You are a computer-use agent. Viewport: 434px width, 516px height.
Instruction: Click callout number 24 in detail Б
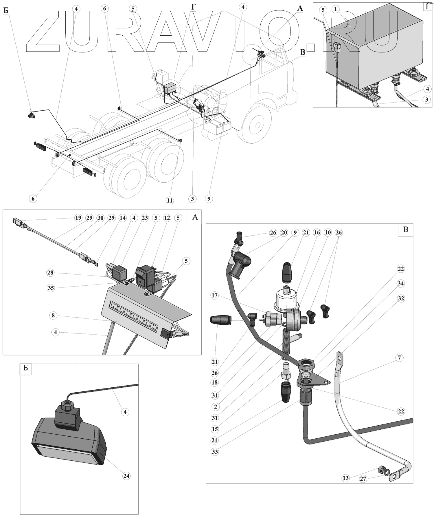click(x=126, y=476)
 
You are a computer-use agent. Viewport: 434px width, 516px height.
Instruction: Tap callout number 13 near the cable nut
click(x=346, y=478)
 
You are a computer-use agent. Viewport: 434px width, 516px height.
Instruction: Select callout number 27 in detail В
click(x=363, y=479)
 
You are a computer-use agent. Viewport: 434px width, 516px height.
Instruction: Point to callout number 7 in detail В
click(x=399, y=358)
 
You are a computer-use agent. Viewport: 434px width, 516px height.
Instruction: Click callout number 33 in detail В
click(x=216, y=451)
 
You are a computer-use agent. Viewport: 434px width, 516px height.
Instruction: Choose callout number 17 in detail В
click(x=214, y=296)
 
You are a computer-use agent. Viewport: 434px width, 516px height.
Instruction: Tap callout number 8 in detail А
click(x=53, y=316)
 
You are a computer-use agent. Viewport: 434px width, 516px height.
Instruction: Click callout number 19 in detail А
click(x=78, y=218)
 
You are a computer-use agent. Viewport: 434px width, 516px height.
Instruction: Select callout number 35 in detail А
click(x=51, y=288)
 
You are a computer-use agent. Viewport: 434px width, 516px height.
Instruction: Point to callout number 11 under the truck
click(x=170, y=200)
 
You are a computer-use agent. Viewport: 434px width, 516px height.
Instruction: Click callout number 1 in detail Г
click(x=335, y=10)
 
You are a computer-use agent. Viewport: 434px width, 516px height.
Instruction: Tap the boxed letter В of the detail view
click(x=406, y=229)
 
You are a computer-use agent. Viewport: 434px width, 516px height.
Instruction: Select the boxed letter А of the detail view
click(x=195, y=217)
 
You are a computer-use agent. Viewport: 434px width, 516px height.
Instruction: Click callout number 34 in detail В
click(x=400, y=284)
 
